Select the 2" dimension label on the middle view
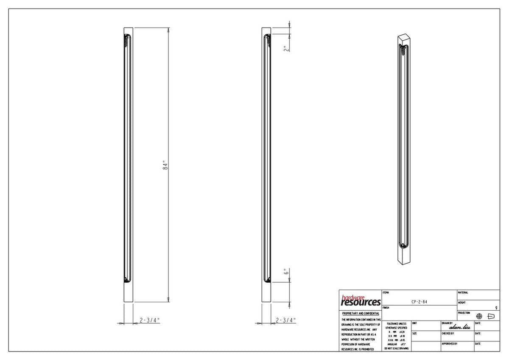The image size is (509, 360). click(287, 48)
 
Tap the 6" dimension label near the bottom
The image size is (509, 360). click(287, 272)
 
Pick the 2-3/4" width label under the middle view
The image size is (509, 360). click(285, 321)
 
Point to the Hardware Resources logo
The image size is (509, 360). click(361, 301)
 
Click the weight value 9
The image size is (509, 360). click(496, 307)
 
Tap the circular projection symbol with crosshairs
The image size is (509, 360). click(479, 316)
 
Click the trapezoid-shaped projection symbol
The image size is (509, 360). click(492, 316)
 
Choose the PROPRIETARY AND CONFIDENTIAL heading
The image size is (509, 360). click(361, 313)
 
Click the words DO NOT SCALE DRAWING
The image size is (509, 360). click(396, 348)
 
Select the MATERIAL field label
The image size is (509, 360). click(463, 292)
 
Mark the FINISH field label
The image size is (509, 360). click(386, 307)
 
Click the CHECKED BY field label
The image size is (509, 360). click(448, 334)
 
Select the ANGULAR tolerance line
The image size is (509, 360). click(396, 344)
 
